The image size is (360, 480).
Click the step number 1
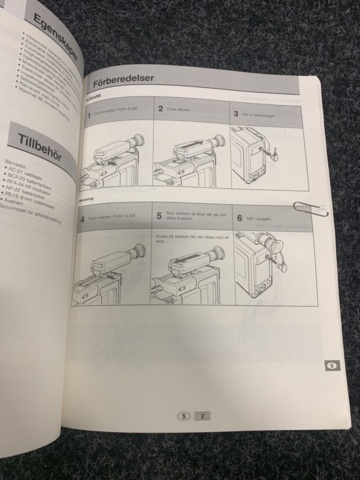click(x=88, y=116)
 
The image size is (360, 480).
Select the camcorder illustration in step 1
click(x=110, y=160)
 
